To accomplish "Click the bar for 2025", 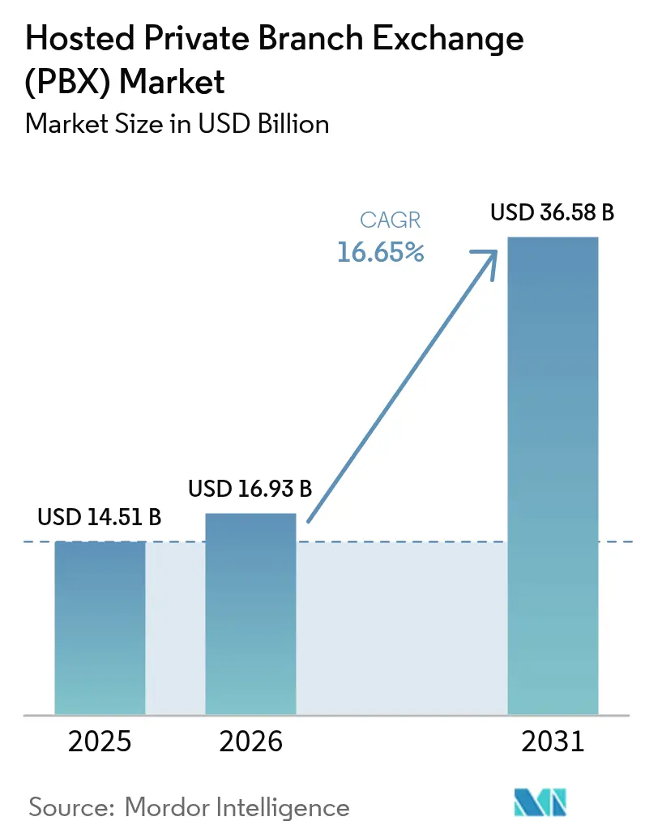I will pyautogui.click(x=100, y=628).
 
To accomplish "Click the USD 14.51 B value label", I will pyautogui.click(x=100, y=517).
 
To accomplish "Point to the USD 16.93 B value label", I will pyautogui.click(x=250, y=489).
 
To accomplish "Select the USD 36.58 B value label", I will pyautogui.click(x=552, y=213).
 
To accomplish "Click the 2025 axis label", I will pyautogui.click(x=100, y=741).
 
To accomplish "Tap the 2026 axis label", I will pyautogui.click(x=250, y=741).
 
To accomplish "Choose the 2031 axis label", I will pyautogui.click(x=552, y=741).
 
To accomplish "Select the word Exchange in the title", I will pyautogui.click(x=450, y=39).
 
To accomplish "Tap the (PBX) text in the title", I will pyautogui.click(x=68, y=81).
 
